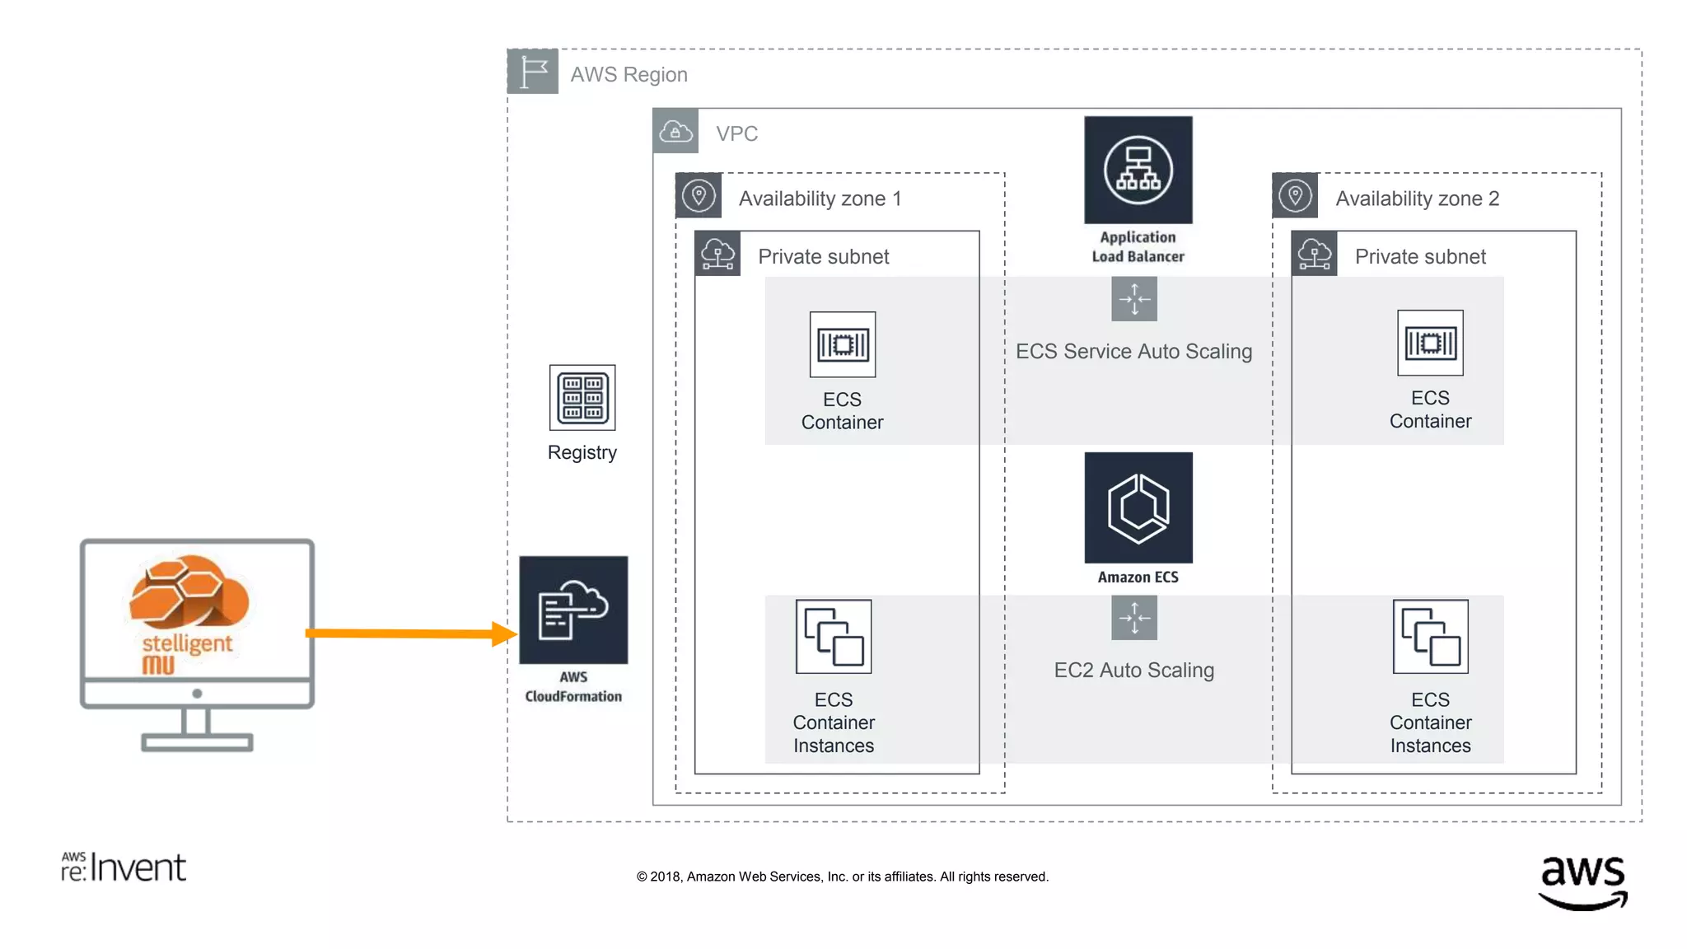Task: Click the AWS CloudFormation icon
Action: click(x=573, y=610)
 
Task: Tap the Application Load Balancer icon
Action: click(x=1138, y=170)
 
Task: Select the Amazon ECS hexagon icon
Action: click(x=1138, y=507)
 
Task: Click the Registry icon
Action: click(x=582, y=397)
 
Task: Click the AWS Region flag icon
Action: click(x=533, y=72)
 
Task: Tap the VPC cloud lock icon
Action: click(x=675, y=131)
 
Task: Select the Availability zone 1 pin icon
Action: click(x=699, y=196)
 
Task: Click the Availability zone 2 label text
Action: click(x=1417, y=199)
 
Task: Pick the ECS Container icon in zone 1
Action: click(x=842, y=344)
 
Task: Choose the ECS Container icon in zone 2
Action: click(x=1430, y=343)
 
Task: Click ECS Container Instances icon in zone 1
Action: click(x=834, y=636)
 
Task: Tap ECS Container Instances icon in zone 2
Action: click(x=1430, y=636)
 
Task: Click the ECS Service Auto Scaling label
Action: click(x=1133, y=352)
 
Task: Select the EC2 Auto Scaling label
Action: click(x=1133, y=671)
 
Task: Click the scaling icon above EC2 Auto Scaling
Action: click(x=1133, y=617)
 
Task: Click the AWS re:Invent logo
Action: click(x=124, y=867)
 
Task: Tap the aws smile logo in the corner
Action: click(x=1582, y=881)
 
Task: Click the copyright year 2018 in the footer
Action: click(x=666, y=877)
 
